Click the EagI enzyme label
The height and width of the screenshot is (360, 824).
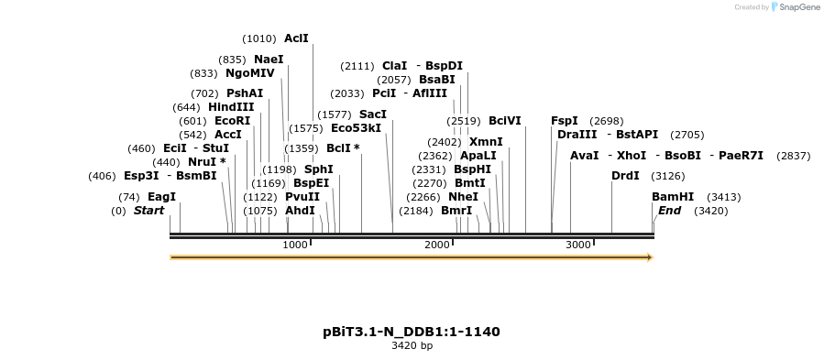click(x=161, y=197)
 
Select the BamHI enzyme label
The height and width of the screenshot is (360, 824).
click(x=673, y=197)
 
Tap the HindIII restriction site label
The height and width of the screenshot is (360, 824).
click(x=231, y=107)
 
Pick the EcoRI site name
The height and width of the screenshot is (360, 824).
click(x=232, y=121)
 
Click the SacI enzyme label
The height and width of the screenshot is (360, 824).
click(x=373, y=115)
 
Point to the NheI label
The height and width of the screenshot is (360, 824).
click(x=463, y=197)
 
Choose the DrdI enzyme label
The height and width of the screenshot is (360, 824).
click(x=625, y=176)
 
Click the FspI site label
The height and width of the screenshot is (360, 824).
click(x=565, y=121)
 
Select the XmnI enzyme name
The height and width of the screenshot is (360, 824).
click(x=486, y=142)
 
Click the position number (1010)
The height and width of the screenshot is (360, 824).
click(x=259, y=38)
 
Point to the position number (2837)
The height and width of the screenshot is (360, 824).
click(x=793, y=156)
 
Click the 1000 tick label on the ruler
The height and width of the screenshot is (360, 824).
click(x=295, y=245)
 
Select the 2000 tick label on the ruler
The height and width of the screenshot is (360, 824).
click(x=437, y=245)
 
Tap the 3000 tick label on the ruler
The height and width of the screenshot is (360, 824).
click(x=578, y=245)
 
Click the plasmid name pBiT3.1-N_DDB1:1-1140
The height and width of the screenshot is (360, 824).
click(x=412, y=332)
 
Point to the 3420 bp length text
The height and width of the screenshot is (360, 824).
click(x=412, y=346)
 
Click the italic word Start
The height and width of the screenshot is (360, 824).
click(x=148, y=211)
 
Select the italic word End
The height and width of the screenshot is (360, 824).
click(x=669, y=211)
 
